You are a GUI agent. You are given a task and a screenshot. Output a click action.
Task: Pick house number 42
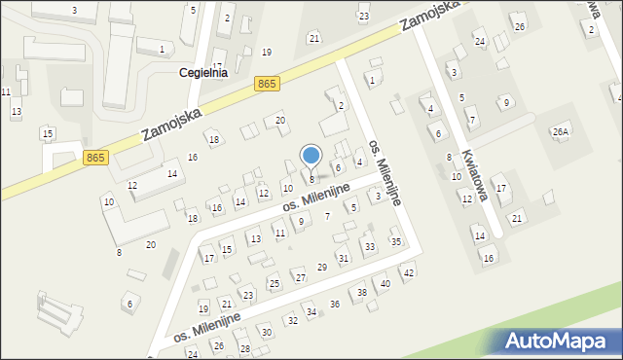point(409,273)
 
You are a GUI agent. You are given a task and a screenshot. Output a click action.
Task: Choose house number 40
point(385,283)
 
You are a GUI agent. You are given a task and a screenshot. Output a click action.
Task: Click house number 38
point(362,292)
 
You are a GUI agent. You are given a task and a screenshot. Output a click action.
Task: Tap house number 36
point(335,304)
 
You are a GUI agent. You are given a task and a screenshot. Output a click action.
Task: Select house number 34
point(311,312)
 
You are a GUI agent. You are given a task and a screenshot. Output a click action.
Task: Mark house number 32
point(292,320)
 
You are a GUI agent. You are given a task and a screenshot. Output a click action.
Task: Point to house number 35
point(395,240)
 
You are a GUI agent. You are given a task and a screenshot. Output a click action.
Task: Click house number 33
point(369,247)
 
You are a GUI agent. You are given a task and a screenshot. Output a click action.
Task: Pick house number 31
point(343,258)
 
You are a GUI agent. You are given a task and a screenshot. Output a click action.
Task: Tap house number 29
point(322,267)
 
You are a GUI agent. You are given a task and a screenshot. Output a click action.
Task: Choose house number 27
point(300,277)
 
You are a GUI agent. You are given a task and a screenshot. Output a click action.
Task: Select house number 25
point(274,283)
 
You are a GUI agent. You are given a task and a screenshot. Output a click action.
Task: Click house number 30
point(266,333)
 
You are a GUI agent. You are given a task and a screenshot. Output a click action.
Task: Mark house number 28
point(245,347)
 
